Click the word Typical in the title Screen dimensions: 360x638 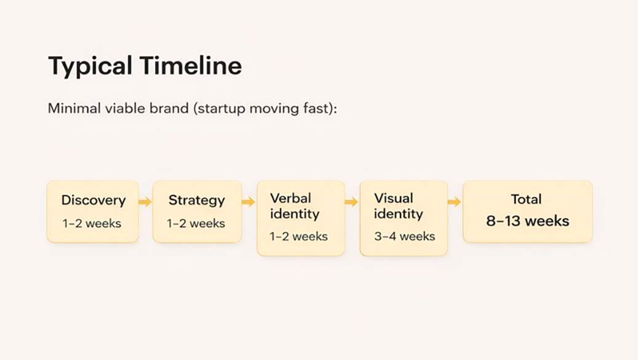pos(90,66)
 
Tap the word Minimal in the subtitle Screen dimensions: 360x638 pos(71,109)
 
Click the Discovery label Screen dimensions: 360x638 pos(93,200)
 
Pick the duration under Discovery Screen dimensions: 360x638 pos(92,223)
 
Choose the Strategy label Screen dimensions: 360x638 pos(197,200)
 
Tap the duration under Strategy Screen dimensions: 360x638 pos(196,223)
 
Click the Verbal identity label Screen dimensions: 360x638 pos(295,206)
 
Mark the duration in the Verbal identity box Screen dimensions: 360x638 pos(298,236)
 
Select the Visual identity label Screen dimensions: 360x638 pos(399,206)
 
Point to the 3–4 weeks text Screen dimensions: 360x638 pos(404,236)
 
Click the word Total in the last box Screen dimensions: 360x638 pos(526,199)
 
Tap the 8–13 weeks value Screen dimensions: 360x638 pos(527,221)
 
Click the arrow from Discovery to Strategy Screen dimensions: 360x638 pos(145,202)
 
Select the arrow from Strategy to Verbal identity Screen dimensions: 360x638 pos(249,202)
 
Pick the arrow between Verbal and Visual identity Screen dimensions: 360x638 pos(351,202)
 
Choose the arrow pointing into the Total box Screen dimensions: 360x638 pos(454,202)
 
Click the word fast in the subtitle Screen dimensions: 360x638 pos(319,109)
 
